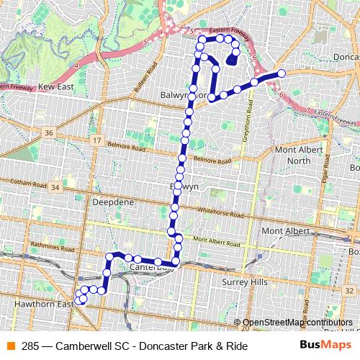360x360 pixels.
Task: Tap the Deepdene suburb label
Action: (113, 203)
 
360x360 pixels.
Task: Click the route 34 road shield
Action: (55, 187)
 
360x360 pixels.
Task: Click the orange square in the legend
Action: (11, 346)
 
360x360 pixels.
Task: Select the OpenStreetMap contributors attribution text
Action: (298, 323)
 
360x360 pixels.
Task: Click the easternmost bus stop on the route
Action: (282, 73)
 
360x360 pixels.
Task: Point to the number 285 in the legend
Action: (30, 346)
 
